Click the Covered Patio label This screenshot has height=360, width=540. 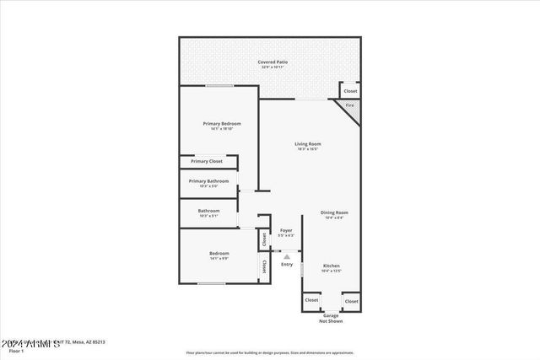tap(271, 62)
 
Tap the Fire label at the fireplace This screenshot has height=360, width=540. tap(348, 105)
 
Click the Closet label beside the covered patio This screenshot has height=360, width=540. tap(350, 90)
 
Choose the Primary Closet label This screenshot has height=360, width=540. tap(206, 161)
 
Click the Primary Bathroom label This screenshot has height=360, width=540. tap(208, 181)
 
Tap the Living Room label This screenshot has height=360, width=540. tap(307, 144)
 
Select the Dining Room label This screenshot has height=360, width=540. tap(334, 212)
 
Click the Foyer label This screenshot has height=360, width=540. tap(286, 230)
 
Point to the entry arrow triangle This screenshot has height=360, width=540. tap(287, 256)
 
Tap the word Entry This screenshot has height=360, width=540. tap(287, 265)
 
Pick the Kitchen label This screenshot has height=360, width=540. tap(332, 266)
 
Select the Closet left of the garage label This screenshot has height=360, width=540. tap(311, 300)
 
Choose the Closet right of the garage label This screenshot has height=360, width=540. tap(351, 300)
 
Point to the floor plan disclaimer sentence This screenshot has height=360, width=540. tap(270, 352)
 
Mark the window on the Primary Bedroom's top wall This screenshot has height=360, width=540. tap(219, 85)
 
